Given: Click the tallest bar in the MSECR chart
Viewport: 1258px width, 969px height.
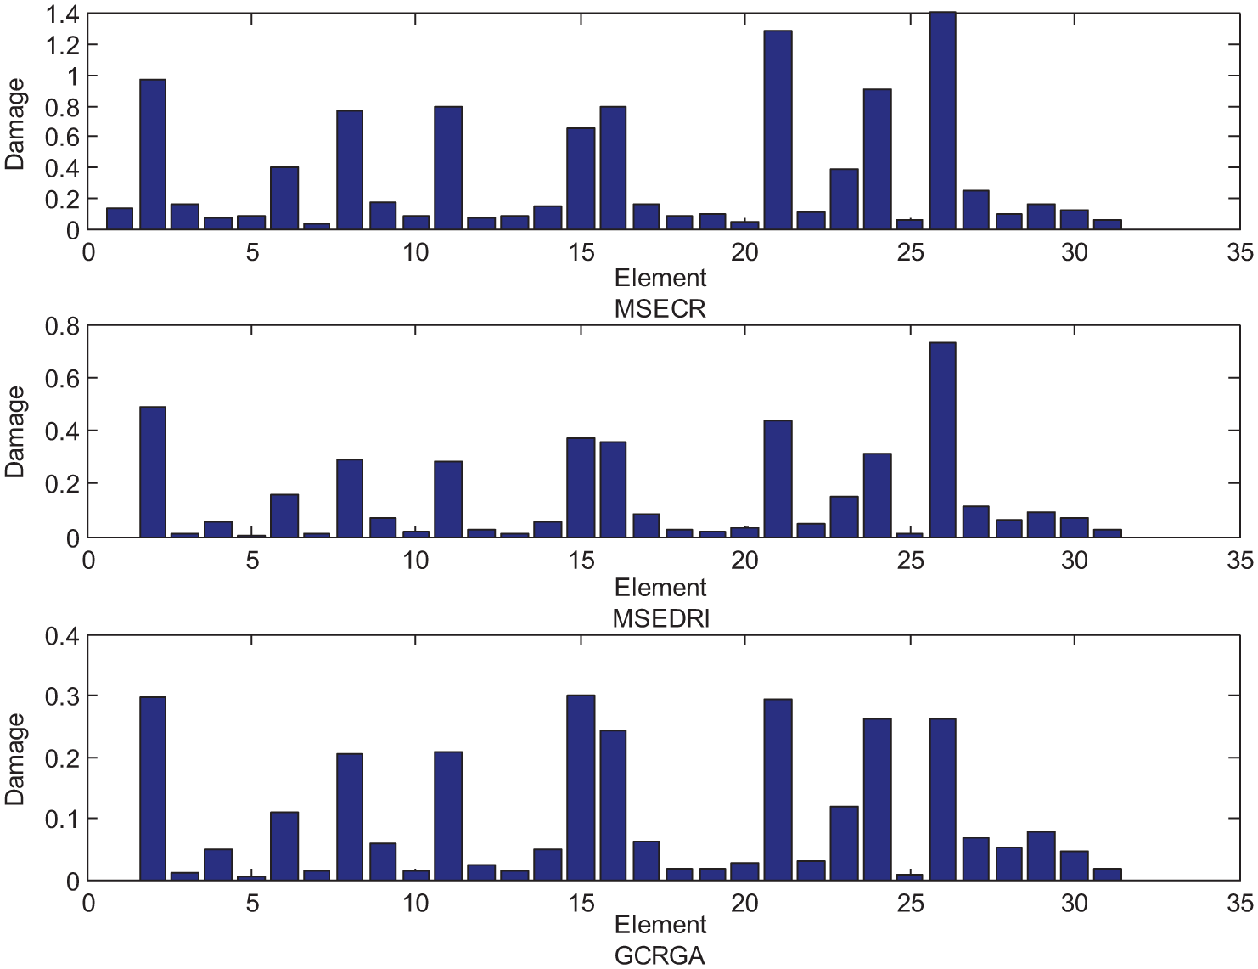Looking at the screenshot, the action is pos(942,121).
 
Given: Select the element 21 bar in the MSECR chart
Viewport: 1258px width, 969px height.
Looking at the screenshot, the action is pos(778,130).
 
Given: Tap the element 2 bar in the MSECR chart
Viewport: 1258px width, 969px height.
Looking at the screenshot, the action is pos(153,154).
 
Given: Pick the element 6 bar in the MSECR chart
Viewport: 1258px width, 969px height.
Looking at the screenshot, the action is pos(284,198).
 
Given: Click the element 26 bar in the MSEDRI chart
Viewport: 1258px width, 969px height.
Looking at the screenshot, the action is pos(942,440).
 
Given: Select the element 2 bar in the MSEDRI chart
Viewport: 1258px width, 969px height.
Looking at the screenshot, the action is pos(153,472).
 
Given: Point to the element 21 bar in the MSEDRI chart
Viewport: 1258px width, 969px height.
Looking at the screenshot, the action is pos(778,478).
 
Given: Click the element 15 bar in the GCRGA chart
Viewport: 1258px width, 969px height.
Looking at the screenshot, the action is pos(581,788).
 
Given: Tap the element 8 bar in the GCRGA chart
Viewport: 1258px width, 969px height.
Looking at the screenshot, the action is pos(350,817).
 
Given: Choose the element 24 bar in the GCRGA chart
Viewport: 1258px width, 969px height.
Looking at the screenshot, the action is pos(877,799).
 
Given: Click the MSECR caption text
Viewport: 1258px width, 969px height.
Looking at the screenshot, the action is pos(660,309).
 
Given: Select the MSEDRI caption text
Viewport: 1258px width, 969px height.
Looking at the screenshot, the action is pos(660,619).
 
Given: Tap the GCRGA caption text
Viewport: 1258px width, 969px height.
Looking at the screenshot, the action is pos(660,956).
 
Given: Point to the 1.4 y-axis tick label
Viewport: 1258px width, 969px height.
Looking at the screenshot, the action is pos(62,14).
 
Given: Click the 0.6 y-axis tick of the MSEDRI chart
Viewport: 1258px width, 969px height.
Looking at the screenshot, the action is pos(62,378).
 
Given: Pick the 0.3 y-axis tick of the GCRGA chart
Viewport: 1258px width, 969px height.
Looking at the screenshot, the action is pos(62,696).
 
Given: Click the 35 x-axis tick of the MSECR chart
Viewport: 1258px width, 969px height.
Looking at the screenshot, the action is pos(1239,252).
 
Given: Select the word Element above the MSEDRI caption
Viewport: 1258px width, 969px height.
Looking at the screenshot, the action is pos(660,588).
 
